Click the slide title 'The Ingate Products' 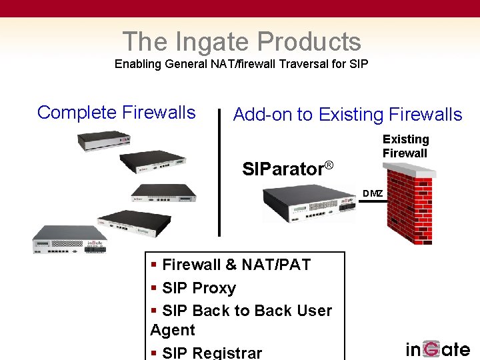pyautogui.click(x=241, y=41)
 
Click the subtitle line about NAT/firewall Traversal pyautogui.click(x=241, y=65)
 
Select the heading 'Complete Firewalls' pyautogui.click(x=117, y=113)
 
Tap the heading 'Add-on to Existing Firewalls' pyautogui.click(x=347, y=115)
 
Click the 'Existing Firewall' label pyautogui.click(x=405, y=146)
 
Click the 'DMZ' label pyautogui.click(x=373, y=194)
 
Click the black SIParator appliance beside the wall pyautogui.click(x=308, y=203)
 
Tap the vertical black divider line pyautogui.click(x=219, y=173)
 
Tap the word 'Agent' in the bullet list pyautogui.click(x=173, y=330)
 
